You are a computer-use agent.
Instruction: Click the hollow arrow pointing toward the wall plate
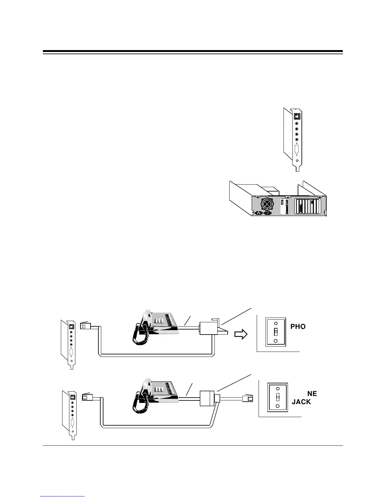241,335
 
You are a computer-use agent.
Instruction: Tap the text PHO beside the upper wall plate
298,327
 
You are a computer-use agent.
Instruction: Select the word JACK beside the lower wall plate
301,402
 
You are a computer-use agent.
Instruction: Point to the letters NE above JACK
312,393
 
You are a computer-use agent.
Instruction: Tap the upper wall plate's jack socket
276,332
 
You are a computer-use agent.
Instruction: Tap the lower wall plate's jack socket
278,397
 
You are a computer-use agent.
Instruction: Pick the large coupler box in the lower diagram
207,399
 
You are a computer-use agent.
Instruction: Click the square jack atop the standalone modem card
296,116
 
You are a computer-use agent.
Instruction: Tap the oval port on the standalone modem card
296,149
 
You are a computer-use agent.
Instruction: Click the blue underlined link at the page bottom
62,496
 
